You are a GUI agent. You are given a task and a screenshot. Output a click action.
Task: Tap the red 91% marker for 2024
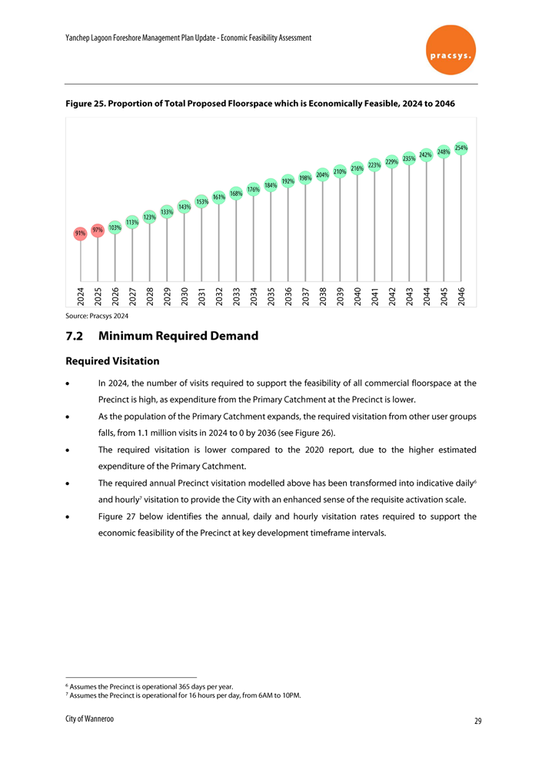[80, 233]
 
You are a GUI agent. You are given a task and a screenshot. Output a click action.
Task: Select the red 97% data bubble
[97, 230]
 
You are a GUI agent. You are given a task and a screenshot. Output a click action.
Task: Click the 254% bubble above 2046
[461, 148]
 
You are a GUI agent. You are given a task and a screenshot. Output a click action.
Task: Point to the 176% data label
[253, 189]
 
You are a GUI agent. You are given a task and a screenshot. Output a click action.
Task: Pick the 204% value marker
[323, 174]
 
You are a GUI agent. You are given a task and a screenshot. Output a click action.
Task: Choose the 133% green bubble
[167, 211]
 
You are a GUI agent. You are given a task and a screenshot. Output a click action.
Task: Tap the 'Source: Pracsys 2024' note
[97, 316]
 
